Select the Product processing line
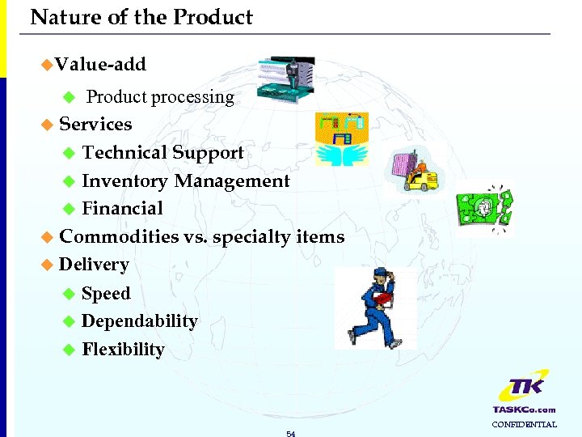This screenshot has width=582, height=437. pos(160,97)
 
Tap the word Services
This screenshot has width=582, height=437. pos(95,125)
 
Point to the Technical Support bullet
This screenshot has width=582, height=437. pos(162,153)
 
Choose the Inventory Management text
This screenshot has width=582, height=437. pos(185,181)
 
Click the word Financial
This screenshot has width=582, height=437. pos(122,209)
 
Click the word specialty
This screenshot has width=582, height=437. pos(258,238)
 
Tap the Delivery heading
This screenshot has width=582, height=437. pos(94,265)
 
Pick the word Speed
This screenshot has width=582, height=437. pos(106,294)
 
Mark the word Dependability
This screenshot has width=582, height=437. pos(139,321)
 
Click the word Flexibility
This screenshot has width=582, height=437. pos(123,350)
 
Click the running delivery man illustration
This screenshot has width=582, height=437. pos(375,308)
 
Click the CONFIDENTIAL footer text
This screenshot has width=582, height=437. pos(525,425)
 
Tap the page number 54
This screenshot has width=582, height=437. pos(291,434)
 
